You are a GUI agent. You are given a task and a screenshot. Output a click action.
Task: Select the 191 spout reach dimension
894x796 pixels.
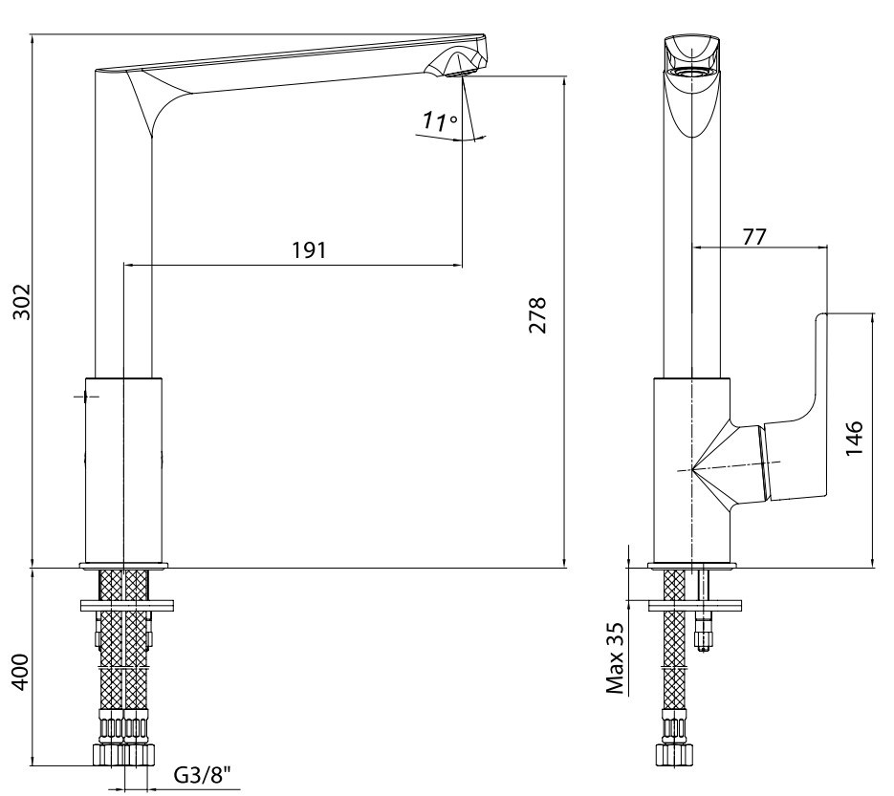[310, 250]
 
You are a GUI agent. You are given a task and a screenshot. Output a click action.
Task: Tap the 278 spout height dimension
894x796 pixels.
[537, 314]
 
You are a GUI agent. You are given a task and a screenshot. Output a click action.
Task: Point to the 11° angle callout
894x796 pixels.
[440, 120]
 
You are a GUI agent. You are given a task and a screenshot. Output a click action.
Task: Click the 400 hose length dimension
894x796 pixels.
[20, 673]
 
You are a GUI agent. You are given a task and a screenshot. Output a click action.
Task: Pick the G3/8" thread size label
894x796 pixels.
[203, 776]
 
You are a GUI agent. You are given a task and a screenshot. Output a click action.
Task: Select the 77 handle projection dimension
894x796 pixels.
[754, 236]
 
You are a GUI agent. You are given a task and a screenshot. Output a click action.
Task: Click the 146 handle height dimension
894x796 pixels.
[854, 438]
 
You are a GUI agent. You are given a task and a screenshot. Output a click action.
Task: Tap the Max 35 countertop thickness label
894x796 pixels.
[616, 658]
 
